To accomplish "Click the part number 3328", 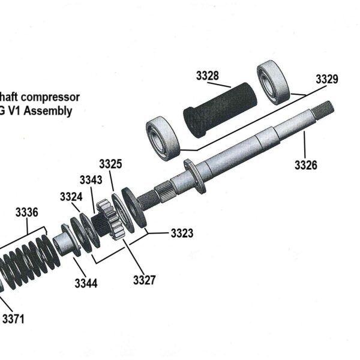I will pyautogui.click(x=207, y=76).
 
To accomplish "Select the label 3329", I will pyautogui.click(x=326, y=79).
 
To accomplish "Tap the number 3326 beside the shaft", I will pyautogui.click(x=305, y=164).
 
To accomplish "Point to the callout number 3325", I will pyautogui.click(x=111, y=163).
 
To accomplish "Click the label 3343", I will pyautogui.click(x=91, y=180).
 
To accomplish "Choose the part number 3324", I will pyautogui.click(x=71, y=197).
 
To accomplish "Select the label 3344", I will pyautogui.click(x=86, y=283).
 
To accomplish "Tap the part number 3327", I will pyautogui.click(x=145, y=279).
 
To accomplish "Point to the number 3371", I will pyautogui.click(x=13, y=319).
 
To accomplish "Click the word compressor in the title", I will pyautogui.click(x=51, y=97).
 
